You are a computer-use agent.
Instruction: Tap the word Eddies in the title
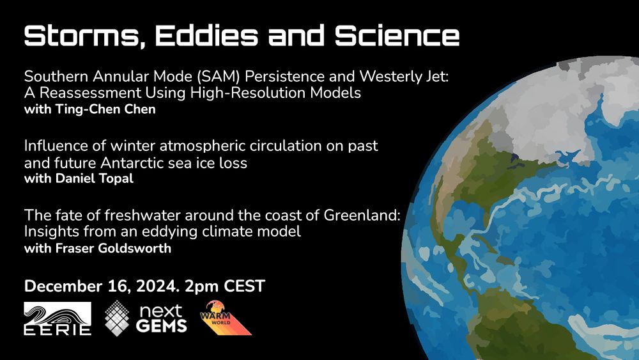(x=206, y=35)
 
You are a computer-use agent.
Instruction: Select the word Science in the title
(x=397, y=35)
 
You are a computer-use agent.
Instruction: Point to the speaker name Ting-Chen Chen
(x=105, y=109)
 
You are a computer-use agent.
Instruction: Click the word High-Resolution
(x=248, y=93)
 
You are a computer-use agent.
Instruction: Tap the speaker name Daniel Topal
(x=95, y=178)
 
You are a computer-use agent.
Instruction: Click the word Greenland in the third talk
(x=362, y=215)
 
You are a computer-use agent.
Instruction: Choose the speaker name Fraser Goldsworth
(x=113, y=248)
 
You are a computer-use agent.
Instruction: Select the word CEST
(x=245, y=286)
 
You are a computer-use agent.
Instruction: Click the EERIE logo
(x=58, y=318)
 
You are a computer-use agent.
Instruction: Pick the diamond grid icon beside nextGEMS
(x=117, y=318)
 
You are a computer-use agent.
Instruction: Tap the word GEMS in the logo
(x=162, y=325)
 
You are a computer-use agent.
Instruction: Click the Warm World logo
(x=226, y=318)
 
